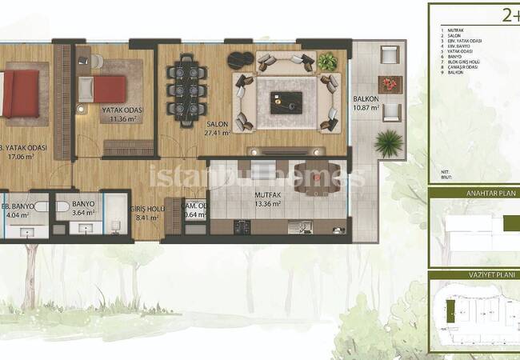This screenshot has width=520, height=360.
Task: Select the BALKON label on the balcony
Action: click(366, 99)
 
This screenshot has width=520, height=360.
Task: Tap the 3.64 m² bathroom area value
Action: click(82, 214)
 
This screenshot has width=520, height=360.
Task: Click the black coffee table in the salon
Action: click(286, 102)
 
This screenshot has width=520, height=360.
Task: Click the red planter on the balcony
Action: click(391, 84)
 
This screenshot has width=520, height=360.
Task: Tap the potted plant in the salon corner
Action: click(326, 62)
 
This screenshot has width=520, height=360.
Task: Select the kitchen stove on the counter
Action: click(242, 226)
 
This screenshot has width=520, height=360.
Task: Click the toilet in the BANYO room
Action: click(62, 206)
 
